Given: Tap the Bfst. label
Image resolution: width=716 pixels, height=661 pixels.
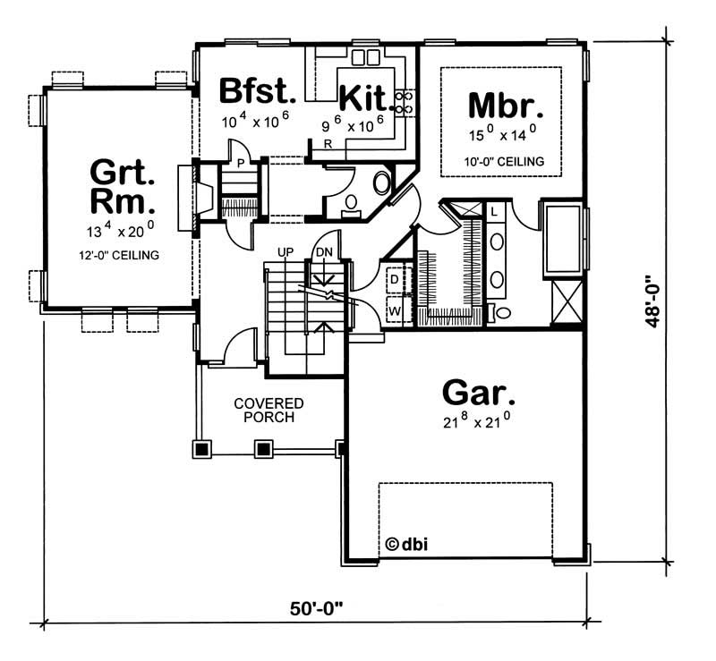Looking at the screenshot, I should (x=257, y=90).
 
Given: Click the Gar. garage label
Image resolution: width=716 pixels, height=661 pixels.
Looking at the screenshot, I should (x=479, y=393).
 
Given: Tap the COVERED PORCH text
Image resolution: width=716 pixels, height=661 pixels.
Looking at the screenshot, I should (x=269, y=411).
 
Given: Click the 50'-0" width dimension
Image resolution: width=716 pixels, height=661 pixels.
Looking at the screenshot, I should (x=317, y=607).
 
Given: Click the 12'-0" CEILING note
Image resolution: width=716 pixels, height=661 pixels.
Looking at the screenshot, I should (x=118, y=255).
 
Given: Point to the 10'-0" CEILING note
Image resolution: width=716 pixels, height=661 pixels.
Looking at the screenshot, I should (x=505, y=162).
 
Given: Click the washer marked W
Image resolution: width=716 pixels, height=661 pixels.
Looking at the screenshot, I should (x=394, y=309).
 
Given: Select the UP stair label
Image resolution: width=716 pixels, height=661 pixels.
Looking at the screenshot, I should (x=286, y=253).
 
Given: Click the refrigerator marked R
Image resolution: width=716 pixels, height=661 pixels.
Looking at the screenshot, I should (x=328, y=143).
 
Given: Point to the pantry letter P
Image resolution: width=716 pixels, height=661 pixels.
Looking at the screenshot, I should (x=241, y=161).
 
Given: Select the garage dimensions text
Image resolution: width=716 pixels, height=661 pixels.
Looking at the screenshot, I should (x=480, y=424).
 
